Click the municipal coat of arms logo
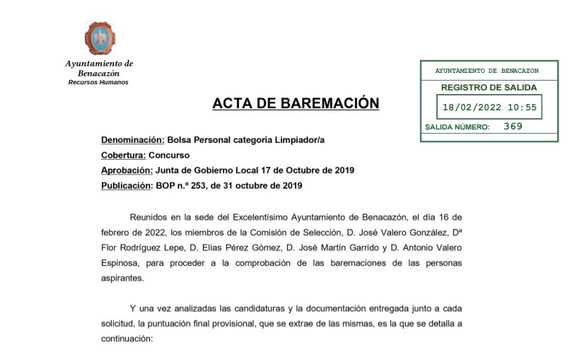(x=100, y=38)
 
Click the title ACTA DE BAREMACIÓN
(x=296, y=104)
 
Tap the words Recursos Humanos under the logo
(x=98, y=83)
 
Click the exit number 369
(x=513, y=127)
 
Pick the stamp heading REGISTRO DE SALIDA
(x=489, y=88)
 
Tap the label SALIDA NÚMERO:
(x=457, y=127)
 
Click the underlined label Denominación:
(x=133, y=140)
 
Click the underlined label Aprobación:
(x=127, y=170)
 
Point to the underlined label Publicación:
(x=127, y=186)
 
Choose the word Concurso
(x=170, y=156)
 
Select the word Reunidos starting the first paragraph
(x=150, y=216)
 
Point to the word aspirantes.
(x=122, y=279)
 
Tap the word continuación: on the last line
(x=127, y=339)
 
